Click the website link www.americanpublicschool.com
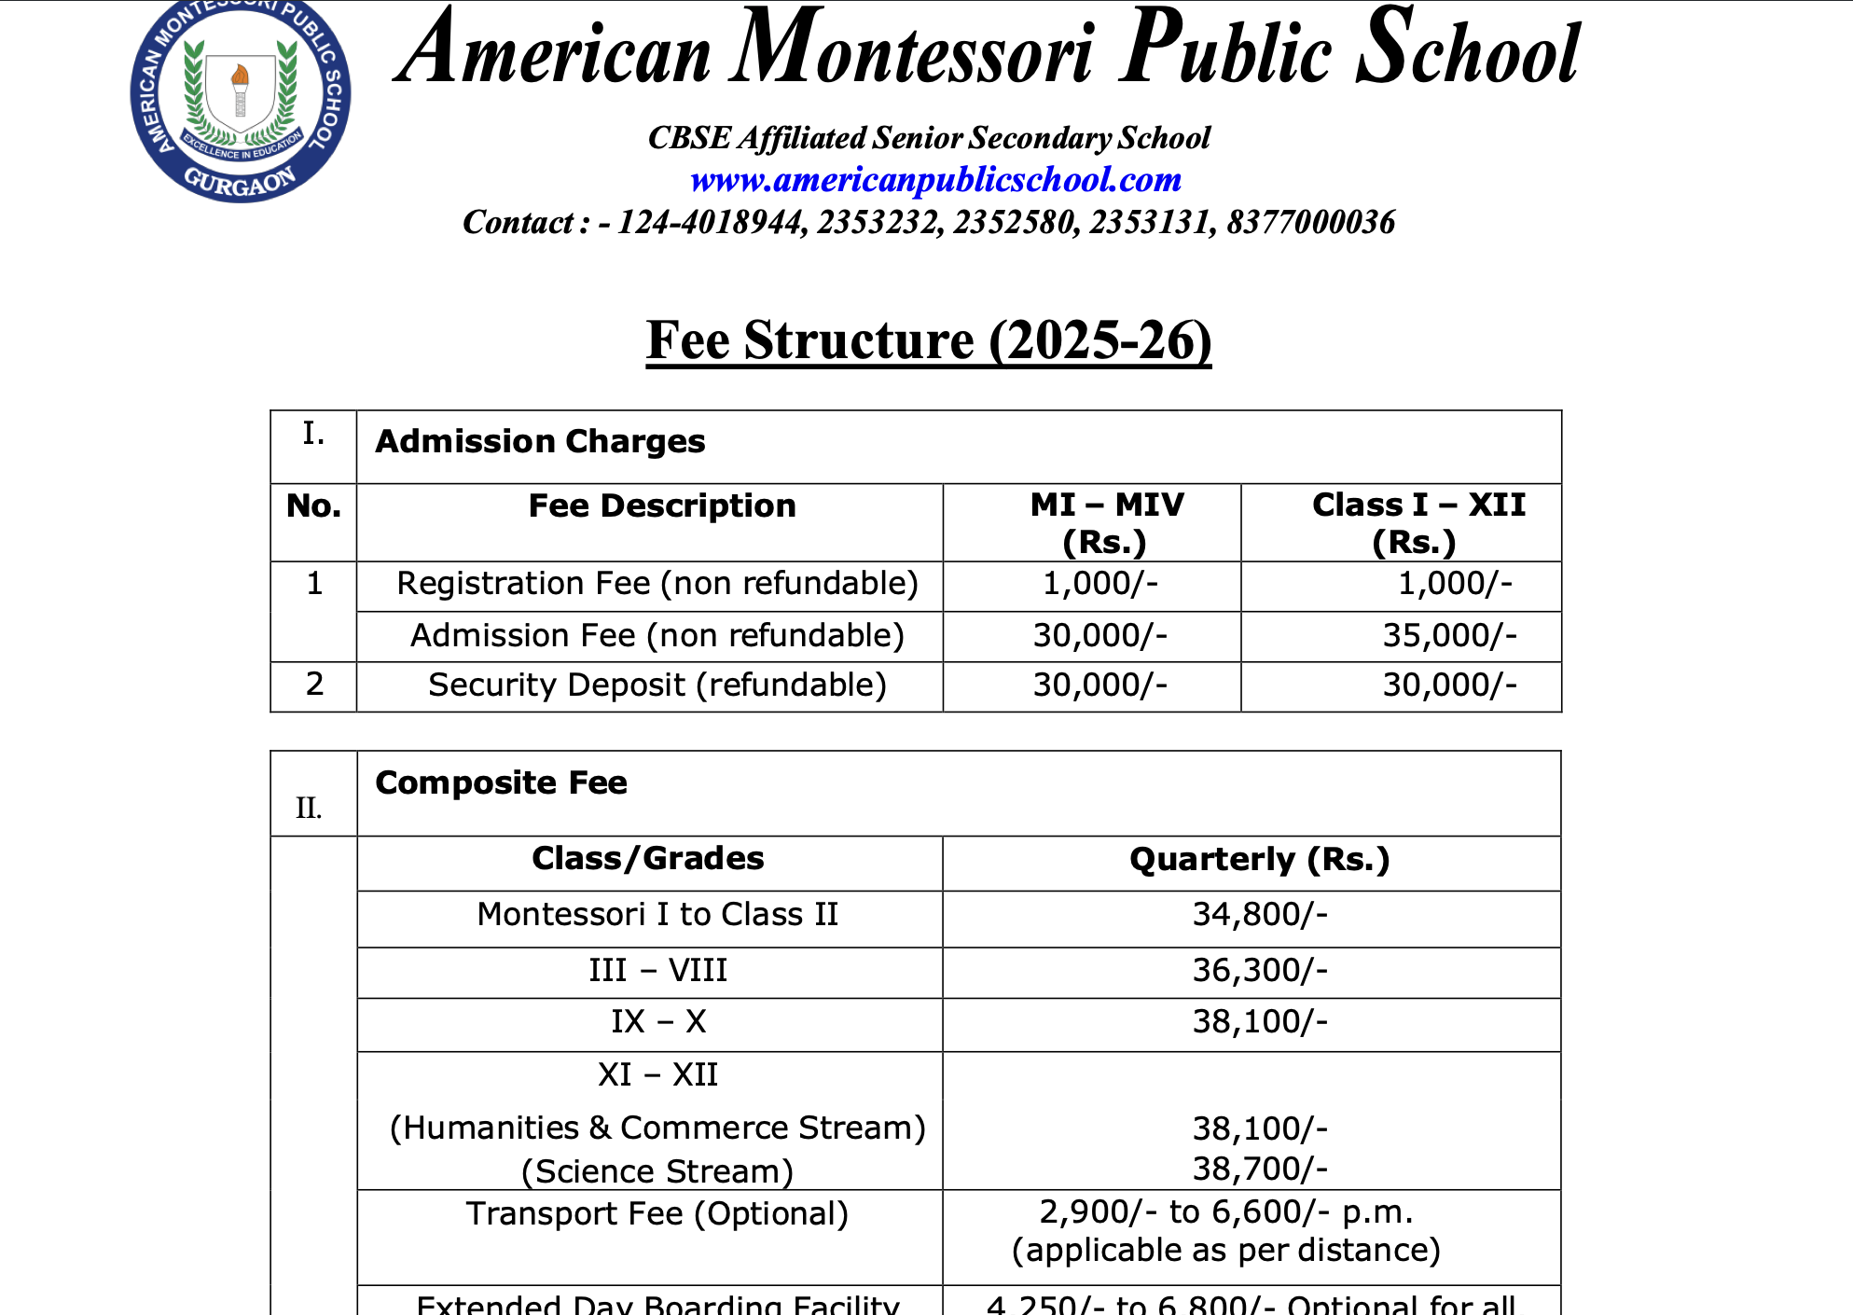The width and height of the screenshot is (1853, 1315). [x=935, y=179]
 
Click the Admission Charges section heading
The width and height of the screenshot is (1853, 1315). [x=540, y=441]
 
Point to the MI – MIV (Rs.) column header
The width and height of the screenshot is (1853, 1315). [x=1106, y=522]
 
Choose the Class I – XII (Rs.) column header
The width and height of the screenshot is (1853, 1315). [x=1417, y=522]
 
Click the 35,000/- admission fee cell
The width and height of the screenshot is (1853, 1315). [x=1449, y=636]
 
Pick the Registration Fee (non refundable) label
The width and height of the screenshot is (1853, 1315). [x=657, y=584]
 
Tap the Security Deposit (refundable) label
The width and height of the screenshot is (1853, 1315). [x=657, y=685]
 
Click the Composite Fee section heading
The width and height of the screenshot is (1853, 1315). [x=501, y=782]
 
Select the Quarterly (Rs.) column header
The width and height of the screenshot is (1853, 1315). [x=1259, y=859]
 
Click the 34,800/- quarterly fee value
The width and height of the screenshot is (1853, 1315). [x=1260, y=915]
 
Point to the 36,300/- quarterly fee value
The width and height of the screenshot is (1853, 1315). [x=1260, y=971]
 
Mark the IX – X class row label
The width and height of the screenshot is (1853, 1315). [x=658, y=1022]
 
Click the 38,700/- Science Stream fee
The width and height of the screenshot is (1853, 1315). [x=1260, y=1169]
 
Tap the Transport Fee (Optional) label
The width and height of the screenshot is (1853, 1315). [x=657, y=1214]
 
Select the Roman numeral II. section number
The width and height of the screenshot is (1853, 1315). [x=309, y=808]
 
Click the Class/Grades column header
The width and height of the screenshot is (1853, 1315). [x=648, y=859]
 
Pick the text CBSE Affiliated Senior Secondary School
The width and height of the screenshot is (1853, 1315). [x=929, y=138]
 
